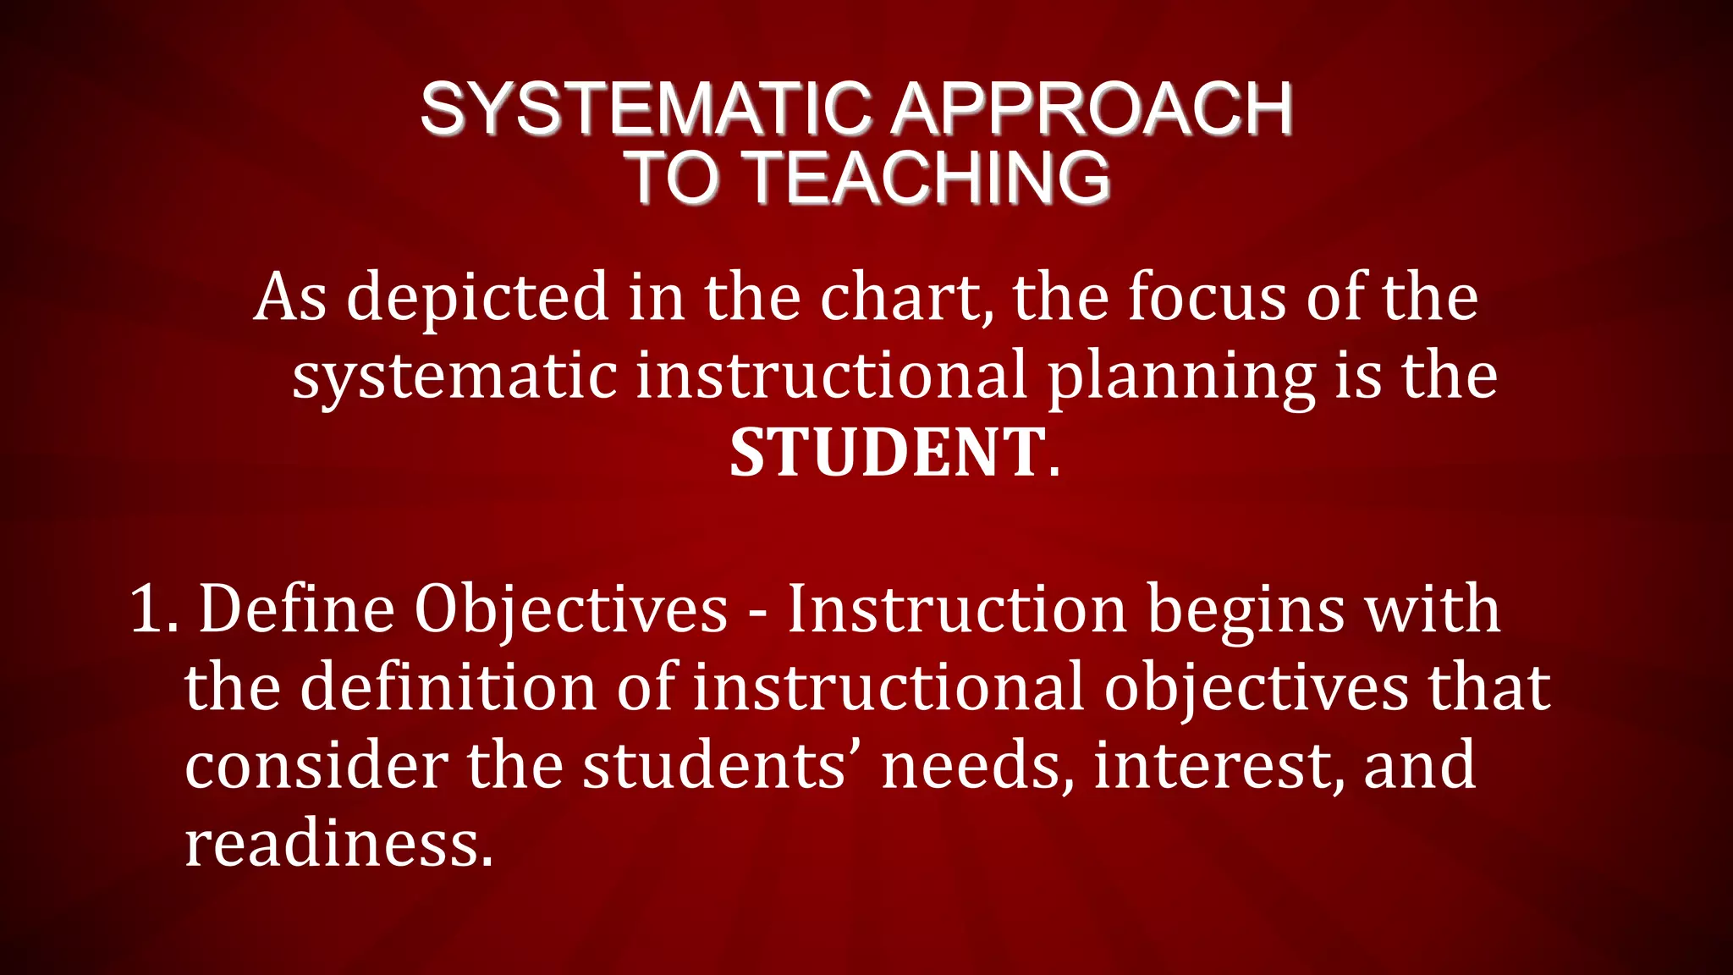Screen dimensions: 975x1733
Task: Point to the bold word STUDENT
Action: click(x=888, y=453)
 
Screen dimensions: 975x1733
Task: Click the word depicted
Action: click(x=477, y=298)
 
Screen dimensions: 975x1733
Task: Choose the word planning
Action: click(x=1181, y=377)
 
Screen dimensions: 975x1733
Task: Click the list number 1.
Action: click(x=152, y=609)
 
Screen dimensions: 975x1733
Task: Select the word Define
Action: click(x=296, y=609)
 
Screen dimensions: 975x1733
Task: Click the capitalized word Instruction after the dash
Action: click(x=957, y=609)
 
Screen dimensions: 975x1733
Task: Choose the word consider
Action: click(x=316, y=765)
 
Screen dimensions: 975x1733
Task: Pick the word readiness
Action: click(x=338, y=844)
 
